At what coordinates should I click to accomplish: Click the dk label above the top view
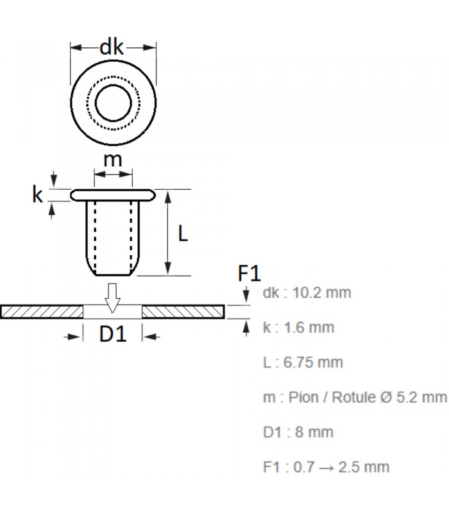pyautogui.click(x=112, y=47)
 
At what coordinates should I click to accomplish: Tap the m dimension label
pyautogui.click(x=113, y=160)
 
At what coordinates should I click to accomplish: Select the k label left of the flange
pyautogui.click(x=37, y=194)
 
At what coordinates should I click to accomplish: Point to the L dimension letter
pyautogui.click(x=183, y=235)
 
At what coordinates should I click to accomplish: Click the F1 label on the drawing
pyautogui.click(x=249, y=274)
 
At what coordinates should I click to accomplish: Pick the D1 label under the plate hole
pyautogui.click(x=112, y=335)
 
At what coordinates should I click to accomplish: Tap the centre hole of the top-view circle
pyautogui.click(x=113, y=102)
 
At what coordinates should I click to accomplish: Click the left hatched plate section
pyautogui.click(x=42, y=312)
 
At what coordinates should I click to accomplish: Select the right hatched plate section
pyautogui.click(x=183, y=312)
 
